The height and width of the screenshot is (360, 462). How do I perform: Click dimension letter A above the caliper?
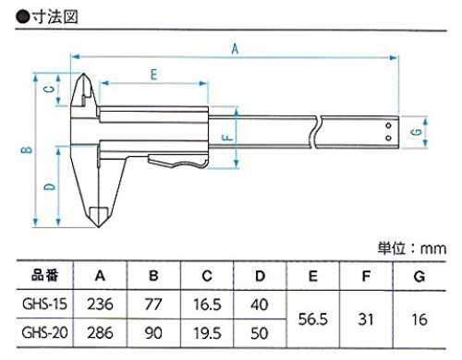[235, 49]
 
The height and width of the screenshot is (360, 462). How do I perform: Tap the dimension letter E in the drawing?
[153, 75]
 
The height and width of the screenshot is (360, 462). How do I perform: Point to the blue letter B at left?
[27, 150]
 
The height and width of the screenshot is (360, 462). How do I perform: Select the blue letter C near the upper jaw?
[50, 90]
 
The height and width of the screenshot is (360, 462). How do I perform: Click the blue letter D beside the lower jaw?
[50, 186]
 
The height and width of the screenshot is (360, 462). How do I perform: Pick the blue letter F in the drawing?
[227, 138]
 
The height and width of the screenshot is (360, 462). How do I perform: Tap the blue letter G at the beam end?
[417, 132]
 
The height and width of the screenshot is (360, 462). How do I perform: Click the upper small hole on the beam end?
[388, 126]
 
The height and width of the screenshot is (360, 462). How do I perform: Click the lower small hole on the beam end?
[388, 138]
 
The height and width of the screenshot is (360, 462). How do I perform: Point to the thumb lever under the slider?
[177, 162]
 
